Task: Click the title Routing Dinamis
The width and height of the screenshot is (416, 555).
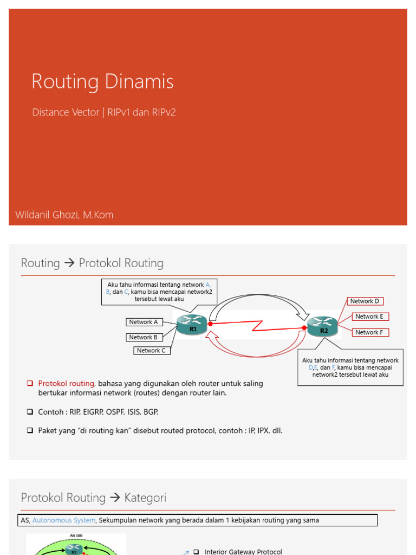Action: click(102, 82)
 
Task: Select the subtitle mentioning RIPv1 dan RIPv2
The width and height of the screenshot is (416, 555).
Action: click(104, 112)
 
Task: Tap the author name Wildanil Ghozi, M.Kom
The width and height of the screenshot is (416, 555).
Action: click(64, 215)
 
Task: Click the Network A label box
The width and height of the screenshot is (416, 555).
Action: click(144, 322)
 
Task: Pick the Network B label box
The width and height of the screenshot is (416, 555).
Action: click(144, 337)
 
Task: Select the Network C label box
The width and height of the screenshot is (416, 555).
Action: click(152, 351)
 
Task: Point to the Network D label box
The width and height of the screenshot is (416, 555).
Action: click(365, 301)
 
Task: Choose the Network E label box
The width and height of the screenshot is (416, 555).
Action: click(369, 317)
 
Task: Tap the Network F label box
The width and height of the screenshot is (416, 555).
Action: click(369, 332)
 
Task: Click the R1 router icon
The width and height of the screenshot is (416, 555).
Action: click(192, 324)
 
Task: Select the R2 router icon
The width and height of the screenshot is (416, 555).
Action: click(323, 326)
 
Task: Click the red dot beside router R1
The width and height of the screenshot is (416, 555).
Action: click(210, 324)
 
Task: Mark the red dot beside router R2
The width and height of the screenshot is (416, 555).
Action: click(304, 328)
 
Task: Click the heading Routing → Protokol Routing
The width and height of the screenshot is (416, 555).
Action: click(92, 263)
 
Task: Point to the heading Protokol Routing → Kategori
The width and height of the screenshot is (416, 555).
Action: click(94, 498)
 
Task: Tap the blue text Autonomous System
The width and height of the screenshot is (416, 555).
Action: click(64, 520)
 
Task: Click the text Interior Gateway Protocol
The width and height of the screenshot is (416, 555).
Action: click(243, 551)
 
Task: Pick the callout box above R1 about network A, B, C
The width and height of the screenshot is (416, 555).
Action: click(159, 292)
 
